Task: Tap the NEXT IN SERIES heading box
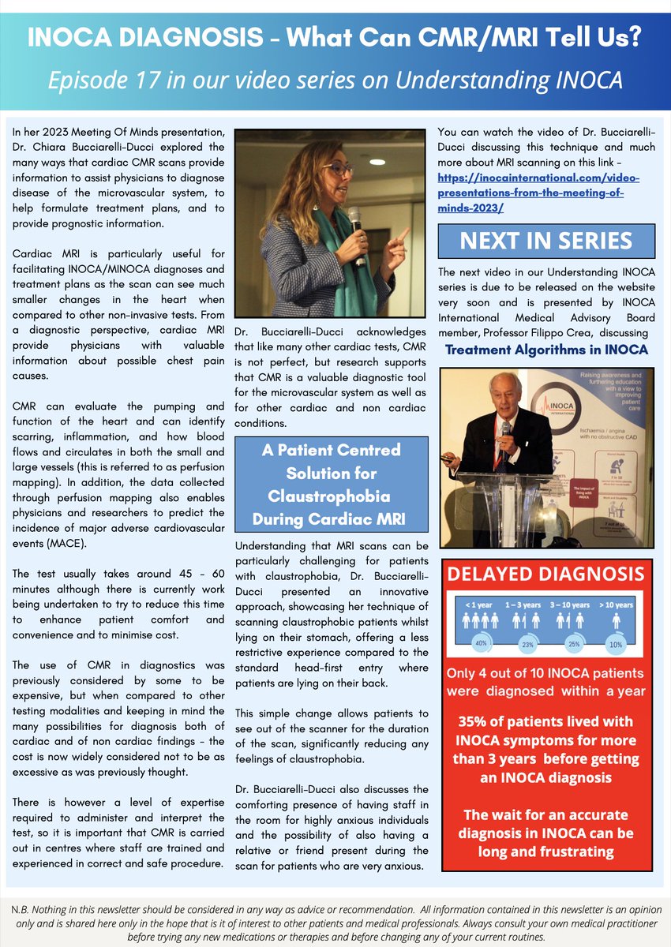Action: (546, 241)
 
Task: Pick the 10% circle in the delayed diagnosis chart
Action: (614, 643)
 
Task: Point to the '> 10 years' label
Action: (614, 605)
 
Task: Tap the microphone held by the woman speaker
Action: (354, 229)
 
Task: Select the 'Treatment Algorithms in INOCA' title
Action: (546, 350)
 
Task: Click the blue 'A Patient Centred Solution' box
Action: (332, 485)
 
